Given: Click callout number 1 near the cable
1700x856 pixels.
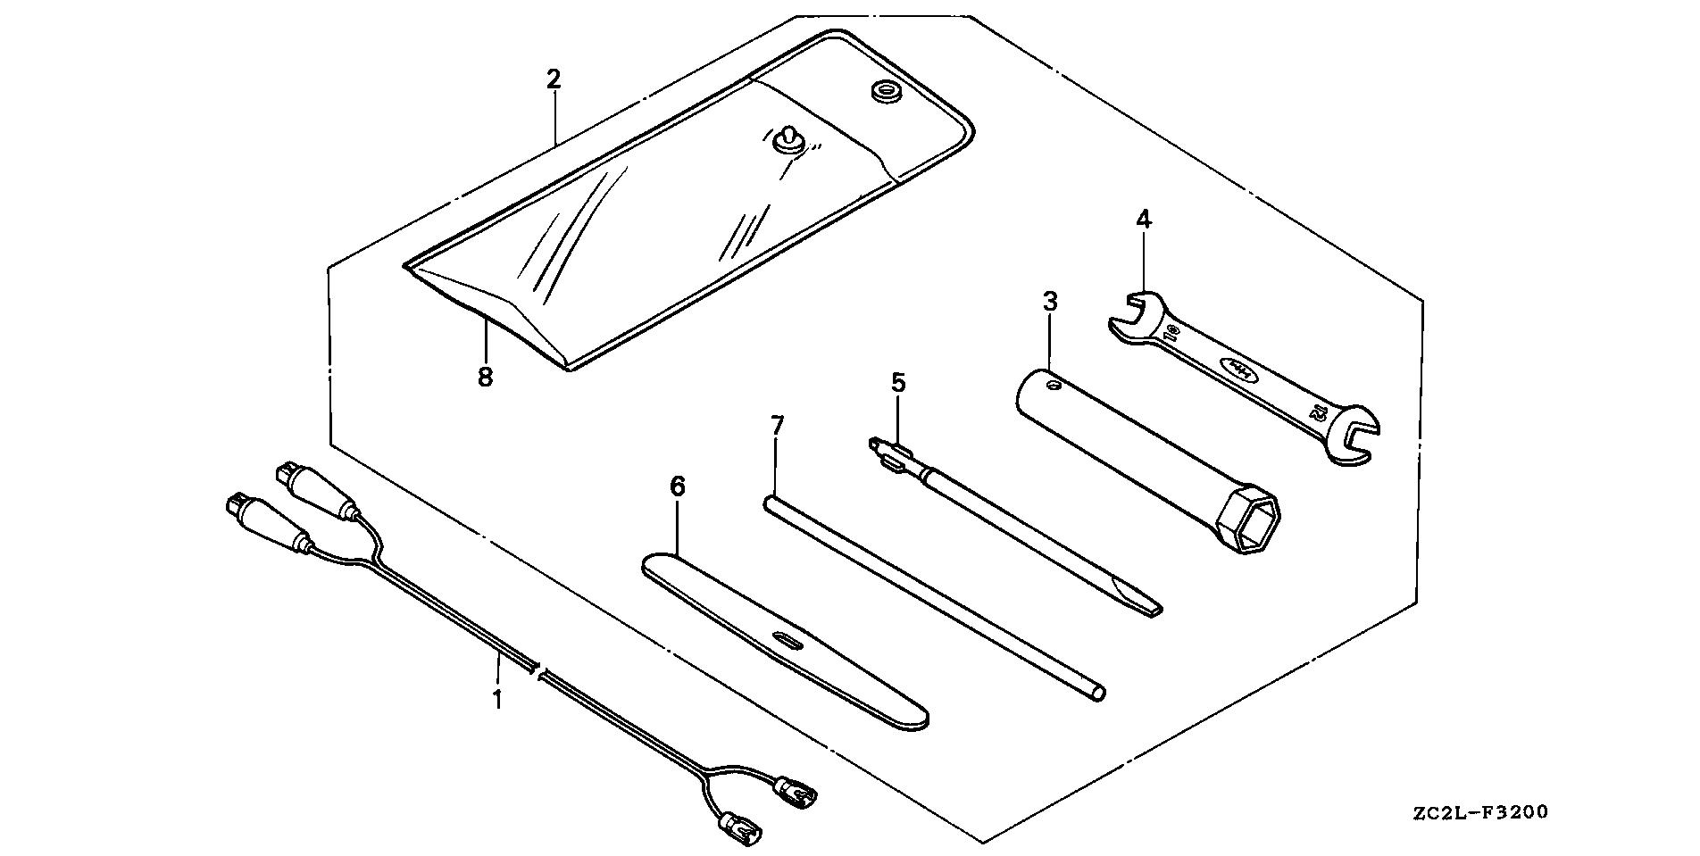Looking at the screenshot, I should tap(497, 698).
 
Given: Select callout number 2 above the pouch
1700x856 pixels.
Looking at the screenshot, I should tap(554, 79).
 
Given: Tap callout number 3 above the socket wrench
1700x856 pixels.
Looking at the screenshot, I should tap(1050, 302).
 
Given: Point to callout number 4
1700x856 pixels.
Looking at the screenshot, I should tap(1144, 219).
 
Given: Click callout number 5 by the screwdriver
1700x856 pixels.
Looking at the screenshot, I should tap(898, 384).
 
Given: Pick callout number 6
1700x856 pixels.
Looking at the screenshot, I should tap(678, 487).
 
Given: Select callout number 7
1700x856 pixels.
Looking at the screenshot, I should tap(777, 426).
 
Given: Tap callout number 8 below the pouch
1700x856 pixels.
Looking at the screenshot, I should tap(485, 378).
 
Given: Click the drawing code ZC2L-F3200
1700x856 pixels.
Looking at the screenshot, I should tap(1480, 813).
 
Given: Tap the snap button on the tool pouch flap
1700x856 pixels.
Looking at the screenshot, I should tap(787, 138).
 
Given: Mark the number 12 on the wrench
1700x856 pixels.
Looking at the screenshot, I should tap(1319, 413).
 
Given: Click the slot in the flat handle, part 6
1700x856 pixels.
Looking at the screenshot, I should tap(787, 641).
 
